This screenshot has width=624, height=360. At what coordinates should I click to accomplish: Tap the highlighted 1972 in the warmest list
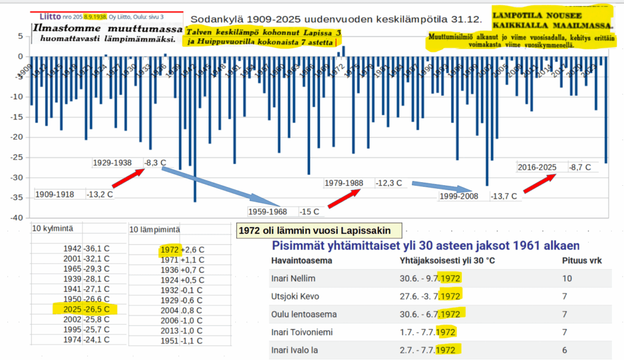coord(169,250)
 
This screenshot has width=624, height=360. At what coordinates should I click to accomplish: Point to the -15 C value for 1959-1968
coord(310,212)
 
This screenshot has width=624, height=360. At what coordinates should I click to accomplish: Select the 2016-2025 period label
coord(536,168)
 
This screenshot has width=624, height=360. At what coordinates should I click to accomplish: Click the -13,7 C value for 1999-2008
coord(505,196)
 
